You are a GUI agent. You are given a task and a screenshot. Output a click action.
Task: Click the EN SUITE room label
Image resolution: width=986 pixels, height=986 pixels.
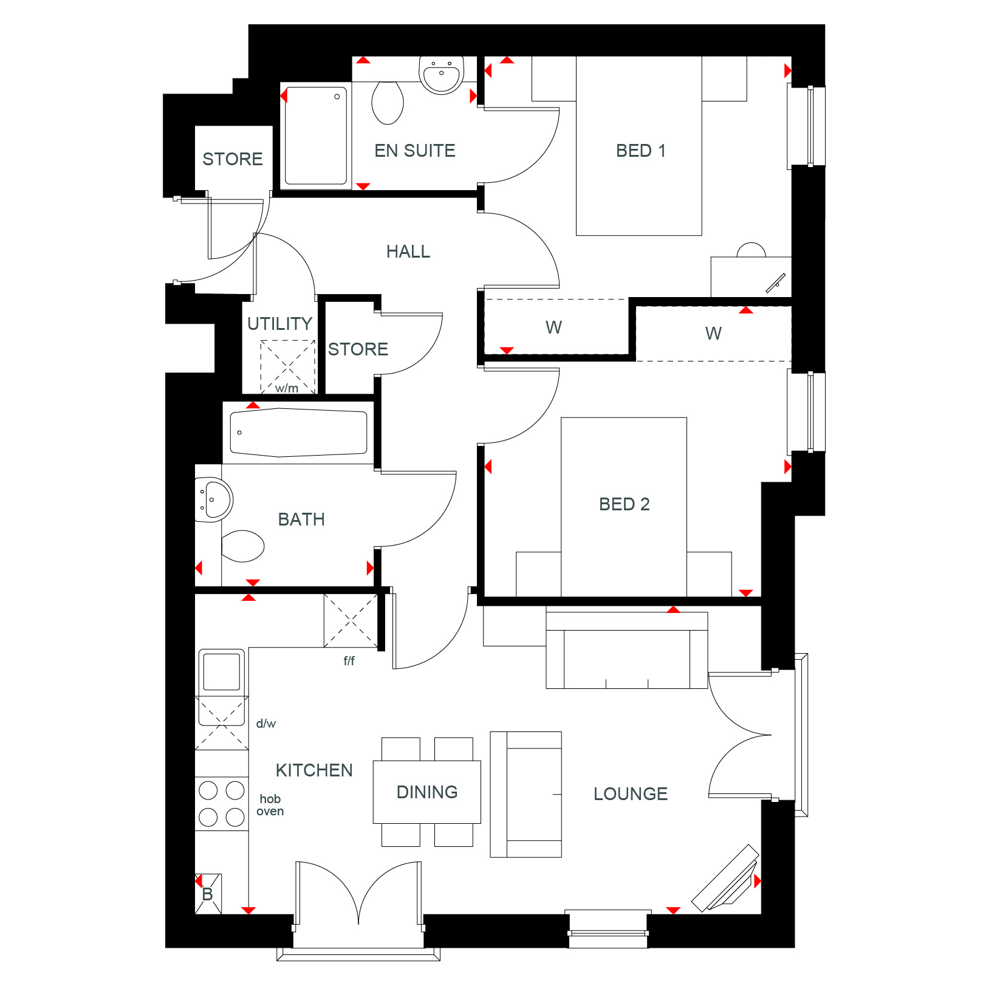pos(415,151)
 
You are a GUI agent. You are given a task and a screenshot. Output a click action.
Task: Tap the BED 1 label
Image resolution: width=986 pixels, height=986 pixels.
pos(641,151)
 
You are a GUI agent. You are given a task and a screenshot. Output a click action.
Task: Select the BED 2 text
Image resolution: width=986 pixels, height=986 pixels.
pos(625,504)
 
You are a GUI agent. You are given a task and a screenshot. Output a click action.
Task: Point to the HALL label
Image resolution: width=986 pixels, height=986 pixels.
pos(408,252)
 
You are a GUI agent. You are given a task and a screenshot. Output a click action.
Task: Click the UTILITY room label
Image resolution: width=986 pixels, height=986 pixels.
pos(280,324)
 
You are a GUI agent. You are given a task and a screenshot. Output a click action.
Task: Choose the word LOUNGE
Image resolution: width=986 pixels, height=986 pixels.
pos(631,794)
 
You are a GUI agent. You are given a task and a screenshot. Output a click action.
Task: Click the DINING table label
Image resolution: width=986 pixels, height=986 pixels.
pos(427,792)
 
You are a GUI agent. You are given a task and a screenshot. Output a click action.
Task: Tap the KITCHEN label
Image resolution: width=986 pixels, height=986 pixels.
pos(314,770)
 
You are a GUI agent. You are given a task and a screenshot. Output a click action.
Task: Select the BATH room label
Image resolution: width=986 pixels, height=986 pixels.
pos(301,519)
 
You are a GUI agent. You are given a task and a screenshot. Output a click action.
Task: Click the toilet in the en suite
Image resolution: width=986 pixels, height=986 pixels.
pos(388,103)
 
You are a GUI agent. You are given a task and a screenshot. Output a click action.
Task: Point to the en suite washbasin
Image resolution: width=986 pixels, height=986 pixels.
pos(442,75)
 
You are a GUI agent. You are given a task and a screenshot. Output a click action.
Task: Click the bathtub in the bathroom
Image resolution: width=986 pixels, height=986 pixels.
pos(299,433)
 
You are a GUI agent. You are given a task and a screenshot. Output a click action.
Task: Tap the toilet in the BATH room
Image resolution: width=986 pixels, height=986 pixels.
pos(243,546)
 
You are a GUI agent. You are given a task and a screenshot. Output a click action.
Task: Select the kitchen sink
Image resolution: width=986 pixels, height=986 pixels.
pos(222,671)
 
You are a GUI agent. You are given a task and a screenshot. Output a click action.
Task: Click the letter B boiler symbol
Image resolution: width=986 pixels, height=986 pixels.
pos(208,894)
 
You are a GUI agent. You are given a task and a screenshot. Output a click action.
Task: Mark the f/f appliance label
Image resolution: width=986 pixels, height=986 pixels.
pos(349,660)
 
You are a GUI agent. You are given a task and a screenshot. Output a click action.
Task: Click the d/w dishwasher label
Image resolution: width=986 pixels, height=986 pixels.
pos(266,724)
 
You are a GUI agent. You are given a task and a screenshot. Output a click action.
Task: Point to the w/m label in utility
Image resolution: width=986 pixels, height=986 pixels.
pos(287,388)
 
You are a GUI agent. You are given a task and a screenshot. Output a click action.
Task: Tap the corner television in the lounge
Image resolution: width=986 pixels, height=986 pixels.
pos(725,878)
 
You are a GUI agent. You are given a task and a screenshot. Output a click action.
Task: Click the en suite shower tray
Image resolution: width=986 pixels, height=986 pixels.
pos(316,135)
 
